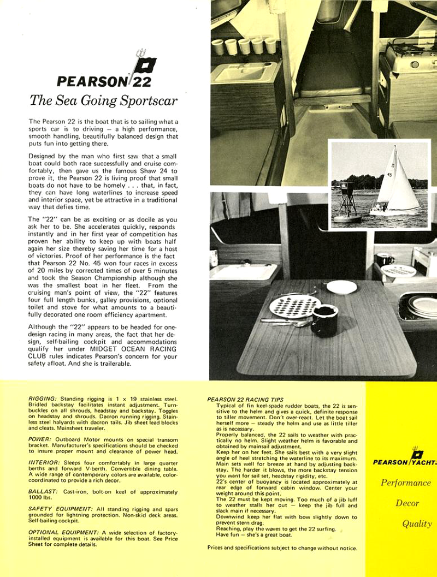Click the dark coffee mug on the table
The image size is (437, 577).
coord(324,320)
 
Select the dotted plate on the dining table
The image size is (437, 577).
coord(295,306)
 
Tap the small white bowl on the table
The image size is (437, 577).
coord(341,287)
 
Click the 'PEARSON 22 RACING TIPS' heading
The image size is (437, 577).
coord(253,400)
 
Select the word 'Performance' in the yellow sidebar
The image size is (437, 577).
coord(406,483)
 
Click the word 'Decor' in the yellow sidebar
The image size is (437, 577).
coord(407,503)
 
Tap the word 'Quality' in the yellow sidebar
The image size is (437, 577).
coord(417,524)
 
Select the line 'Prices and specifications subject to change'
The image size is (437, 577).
coord(282,548)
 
